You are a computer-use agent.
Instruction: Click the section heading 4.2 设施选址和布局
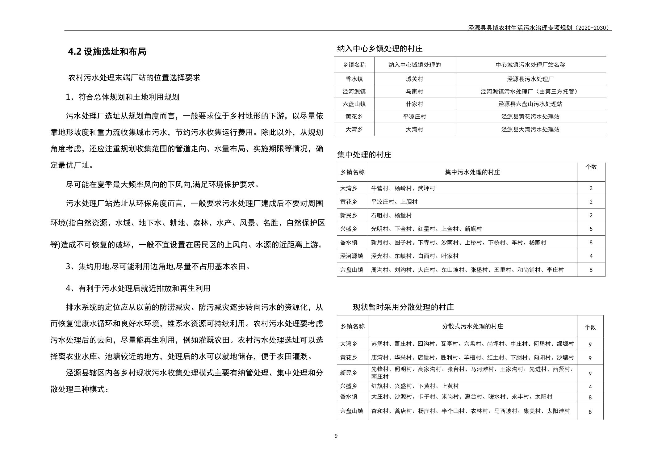(107, 52)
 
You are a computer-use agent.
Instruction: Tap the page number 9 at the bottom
(336, 436)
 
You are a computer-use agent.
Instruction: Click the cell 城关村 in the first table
(414, 79)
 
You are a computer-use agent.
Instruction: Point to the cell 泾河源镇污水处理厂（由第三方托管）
(530, 91)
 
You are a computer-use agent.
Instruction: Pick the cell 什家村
(414, 104)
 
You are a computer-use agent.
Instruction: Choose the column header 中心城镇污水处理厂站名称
(530, 65)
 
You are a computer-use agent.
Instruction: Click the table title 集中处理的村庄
(364, 155)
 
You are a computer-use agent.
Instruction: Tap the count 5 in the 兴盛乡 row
(591, 229)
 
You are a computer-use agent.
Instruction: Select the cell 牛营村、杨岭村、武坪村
(403, 188)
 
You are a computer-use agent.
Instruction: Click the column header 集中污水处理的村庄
(472, 172)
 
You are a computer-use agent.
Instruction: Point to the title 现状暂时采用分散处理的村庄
(403, 307)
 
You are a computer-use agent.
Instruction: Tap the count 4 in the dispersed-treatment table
(590, 387)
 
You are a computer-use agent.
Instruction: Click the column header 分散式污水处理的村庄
(472, 326)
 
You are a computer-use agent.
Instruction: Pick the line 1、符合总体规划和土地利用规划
(123, 97)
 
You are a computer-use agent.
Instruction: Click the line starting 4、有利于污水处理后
(138, 288)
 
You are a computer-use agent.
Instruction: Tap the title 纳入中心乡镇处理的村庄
(380, 48)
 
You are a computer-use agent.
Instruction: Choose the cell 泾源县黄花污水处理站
(530, 116)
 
